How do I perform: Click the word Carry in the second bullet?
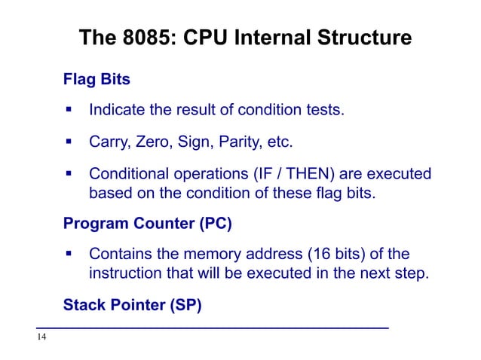(x=109, y=142)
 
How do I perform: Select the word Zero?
(x=153, y=142)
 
